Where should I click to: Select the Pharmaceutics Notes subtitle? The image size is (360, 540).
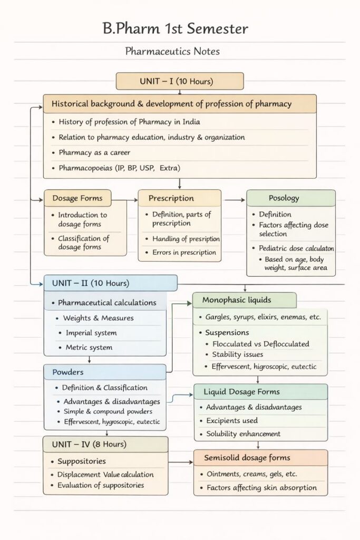click(172, 52)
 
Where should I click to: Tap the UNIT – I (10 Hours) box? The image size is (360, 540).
click(179, 81)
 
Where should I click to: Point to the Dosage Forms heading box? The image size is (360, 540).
click(77, 198)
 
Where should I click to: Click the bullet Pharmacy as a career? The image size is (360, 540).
click(94, 152)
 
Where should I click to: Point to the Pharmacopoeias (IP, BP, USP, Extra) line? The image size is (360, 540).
click(120, 168)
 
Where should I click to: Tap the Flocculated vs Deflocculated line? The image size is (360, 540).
click(260, 344)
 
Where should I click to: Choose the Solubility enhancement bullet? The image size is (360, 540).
click(243, 434)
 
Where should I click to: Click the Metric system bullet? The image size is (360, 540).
click(89, 348)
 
